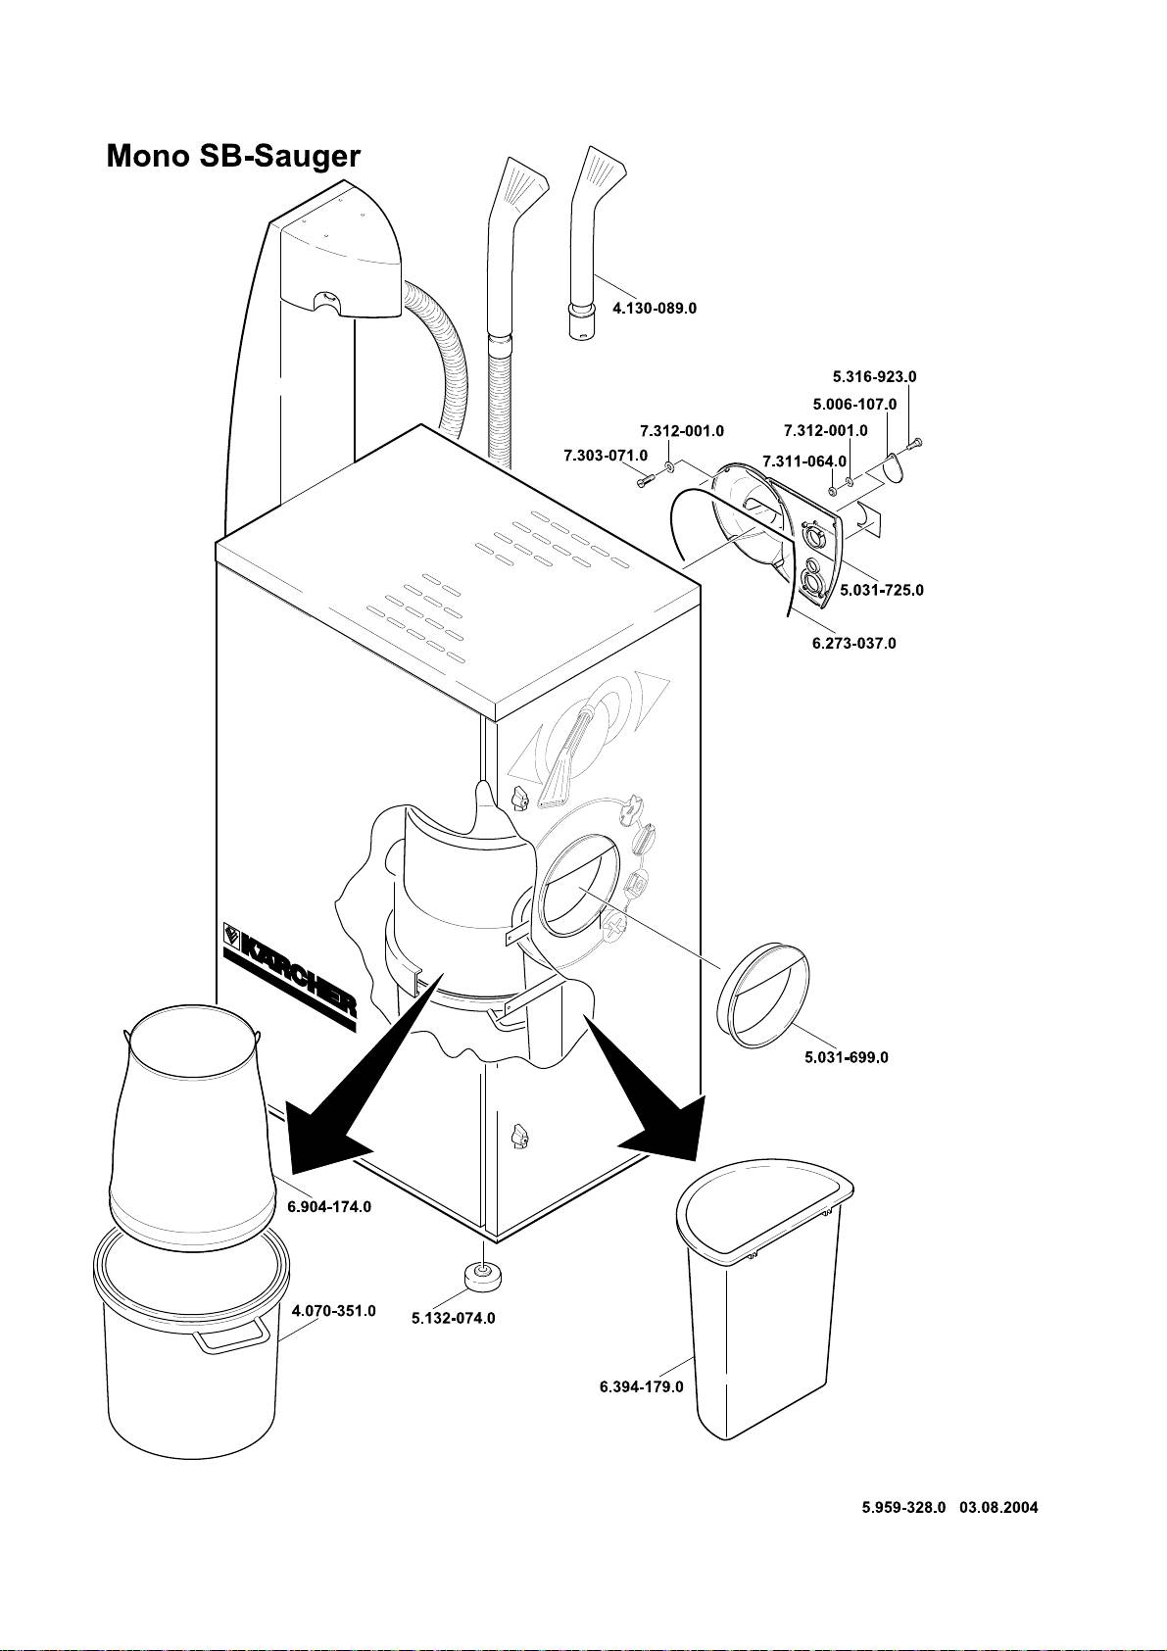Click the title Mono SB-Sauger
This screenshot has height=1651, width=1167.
pos(233,157)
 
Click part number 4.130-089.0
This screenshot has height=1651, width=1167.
pos(654,308)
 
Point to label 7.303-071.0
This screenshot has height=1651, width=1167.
pos(605,456)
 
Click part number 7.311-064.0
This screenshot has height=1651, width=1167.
pos(803,461)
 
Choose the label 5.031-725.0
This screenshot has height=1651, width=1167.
pos(882,591)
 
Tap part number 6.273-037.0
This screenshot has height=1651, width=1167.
pos(853,644)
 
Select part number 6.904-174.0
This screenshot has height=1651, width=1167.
pos(329,1207)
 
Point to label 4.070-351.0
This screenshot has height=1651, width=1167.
pos(334,1311)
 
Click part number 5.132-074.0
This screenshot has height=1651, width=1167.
pos(453,1318)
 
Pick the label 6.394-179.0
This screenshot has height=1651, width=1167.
pos(641,1387)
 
